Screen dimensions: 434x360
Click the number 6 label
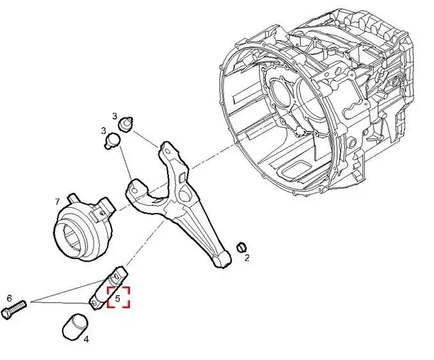tap(10, 299)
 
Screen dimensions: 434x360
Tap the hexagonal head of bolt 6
tap(6, 314)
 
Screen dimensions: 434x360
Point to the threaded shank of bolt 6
tap(19, 306)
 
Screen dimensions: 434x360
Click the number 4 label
tap(86, 340)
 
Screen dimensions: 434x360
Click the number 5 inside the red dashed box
tap(118, 299)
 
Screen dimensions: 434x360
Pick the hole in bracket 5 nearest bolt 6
tap(94, 304)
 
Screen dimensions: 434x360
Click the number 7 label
tap(57, 202)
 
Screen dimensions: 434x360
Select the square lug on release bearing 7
tap(106, 207)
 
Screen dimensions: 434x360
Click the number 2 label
tap(246, 258)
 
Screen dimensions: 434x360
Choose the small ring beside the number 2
tap(241, 247)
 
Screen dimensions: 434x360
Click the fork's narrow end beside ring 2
tap(221, 260)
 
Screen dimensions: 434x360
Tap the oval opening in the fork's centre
tap(184, 195)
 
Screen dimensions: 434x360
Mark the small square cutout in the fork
tap(182, 178)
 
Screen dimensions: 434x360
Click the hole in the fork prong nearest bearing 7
tap(135, 191)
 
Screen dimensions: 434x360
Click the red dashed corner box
tap(118, 297)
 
